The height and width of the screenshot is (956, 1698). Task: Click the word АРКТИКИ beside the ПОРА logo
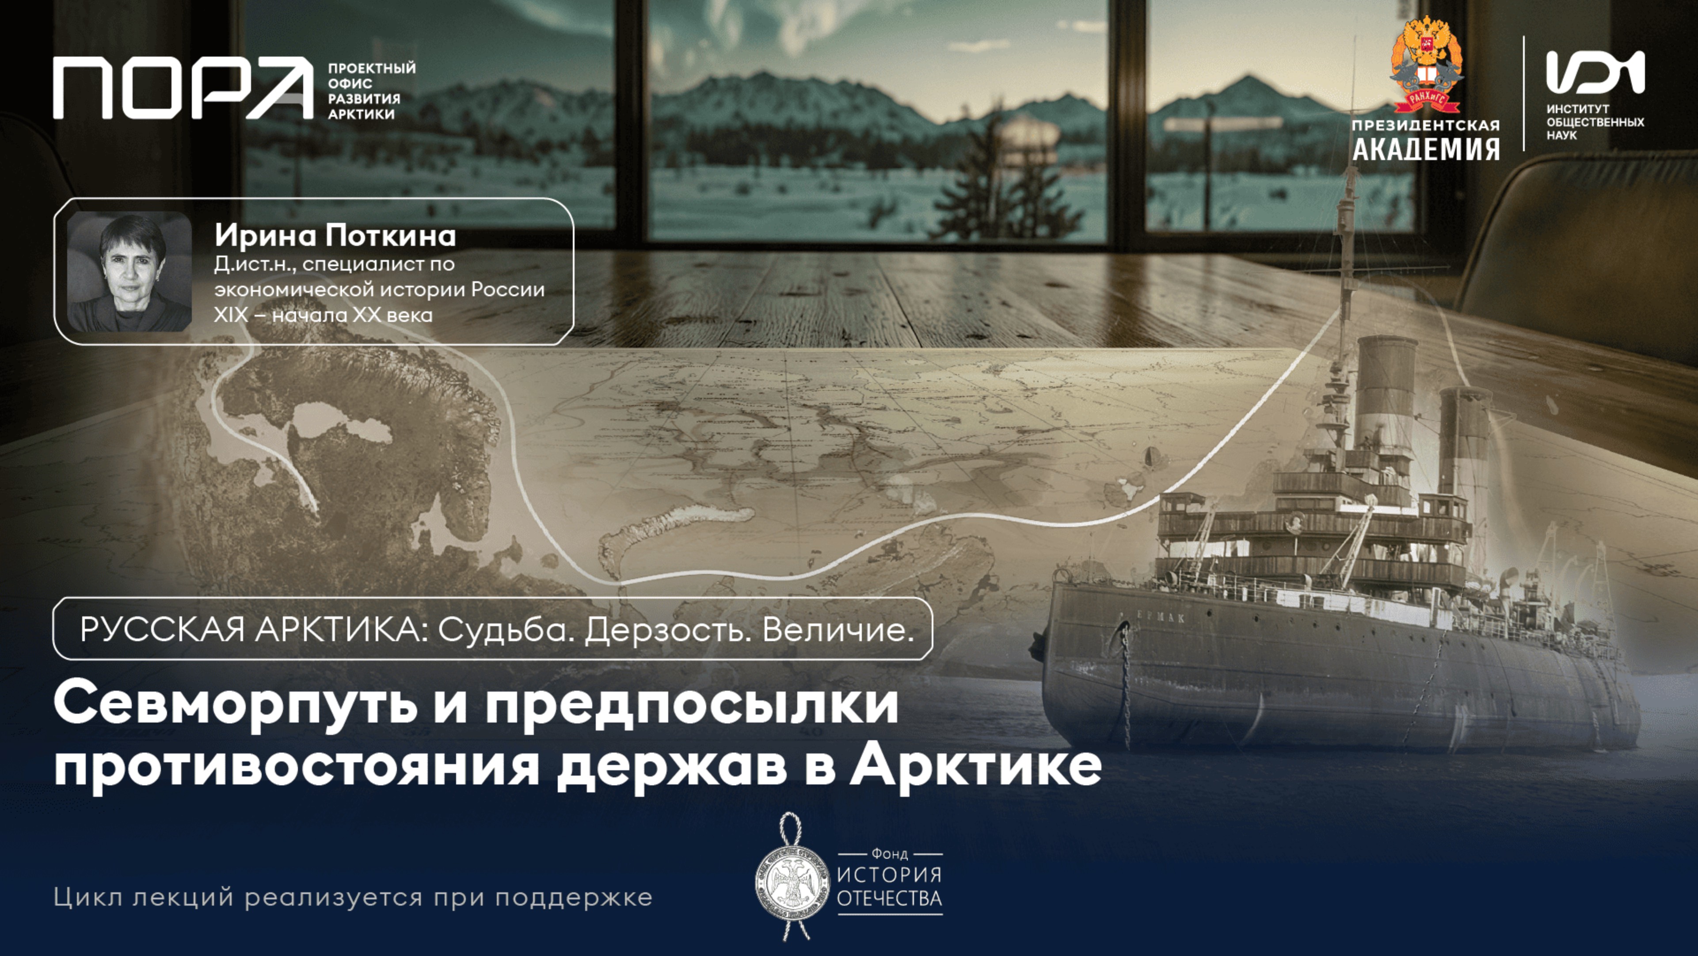tap(361, 114)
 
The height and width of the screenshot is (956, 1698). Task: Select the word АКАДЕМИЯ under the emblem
tap(1426, 149)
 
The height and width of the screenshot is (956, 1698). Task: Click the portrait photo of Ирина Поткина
tap(129, 271)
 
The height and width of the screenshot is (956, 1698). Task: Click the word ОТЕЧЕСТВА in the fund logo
tap(889, 899)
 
